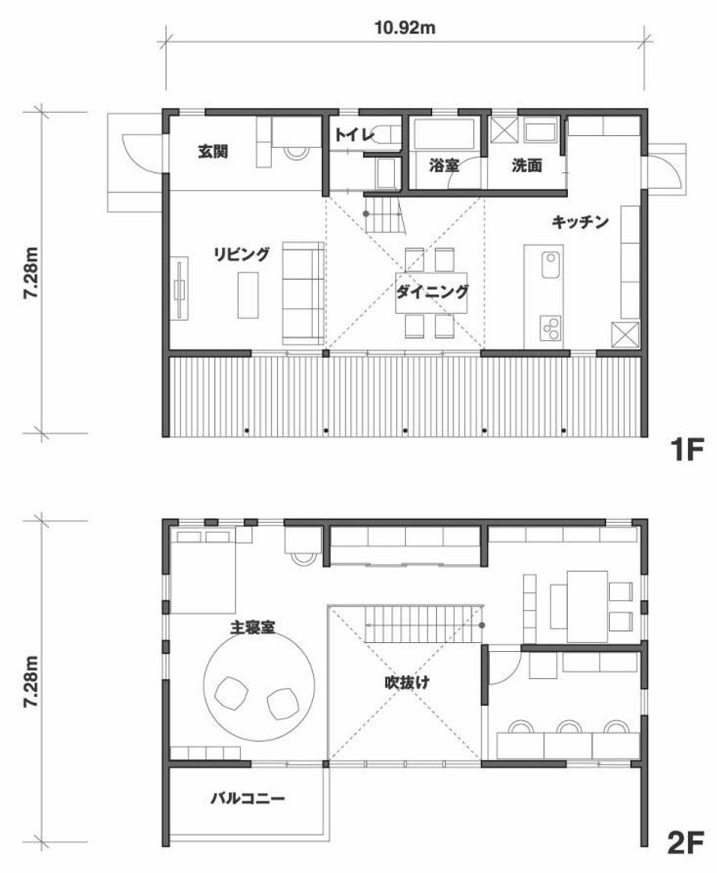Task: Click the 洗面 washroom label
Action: pos(527,166)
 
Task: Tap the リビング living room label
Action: pos(241,254)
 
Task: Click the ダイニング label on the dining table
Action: pos(431,292)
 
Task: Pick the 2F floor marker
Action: pos(686,842)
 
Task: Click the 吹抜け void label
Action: pos(406,683)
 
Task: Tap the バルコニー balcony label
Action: pos(248,799)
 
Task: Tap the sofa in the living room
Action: pos(303,291)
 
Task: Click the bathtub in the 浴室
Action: pos(445,134)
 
